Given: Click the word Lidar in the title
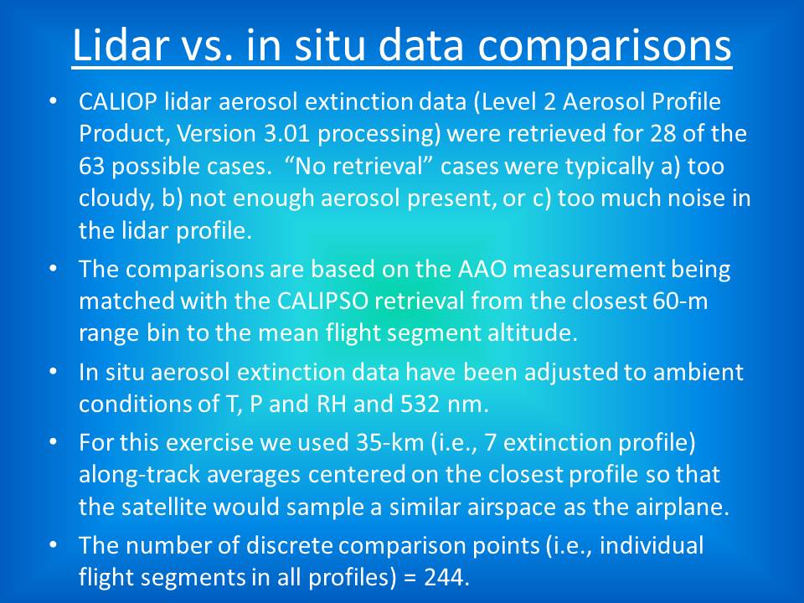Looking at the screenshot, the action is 120,44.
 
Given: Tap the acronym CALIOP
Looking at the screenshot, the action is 118,101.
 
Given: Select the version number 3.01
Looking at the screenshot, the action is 286,134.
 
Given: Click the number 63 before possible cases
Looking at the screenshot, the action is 92,166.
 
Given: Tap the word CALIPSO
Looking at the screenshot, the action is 322,301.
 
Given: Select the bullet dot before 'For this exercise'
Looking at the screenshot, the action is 52,442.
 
